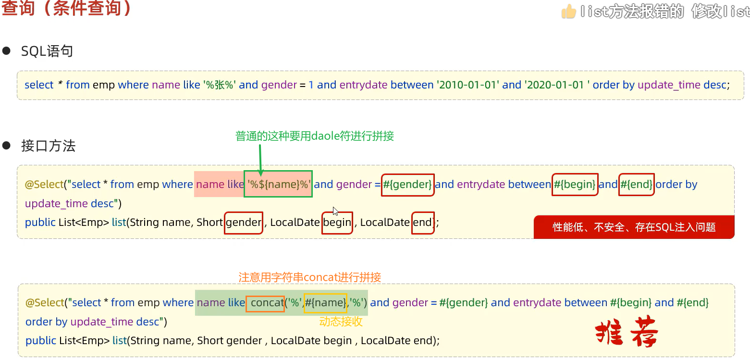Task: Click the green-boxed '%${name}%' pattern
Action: pyautogui.click(x=278, y=184)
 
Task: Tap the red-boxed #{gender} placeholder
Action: pyautogui.click(x=408, y=185)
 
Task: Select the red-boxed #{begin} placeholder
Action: pyautogui.click(x=575, y=185)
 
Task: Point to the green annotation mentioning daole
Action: pyautogui.click(x=314, y=136)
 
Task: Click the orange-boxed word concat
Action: pyautogui.click(x=265, y=303)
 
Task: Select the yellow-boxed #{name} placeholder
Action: pyautogui.click(x=325, y=303)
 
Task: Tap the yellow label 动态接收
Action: pyautogui.click(x=341, y=322)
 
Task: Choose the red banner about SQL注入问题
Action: pyautogui.click(x=634, y=227)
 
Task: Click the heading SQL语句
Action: pyautogui.click(x=47, y=51)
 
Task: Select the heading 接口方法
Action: pyautogui.click(x=48, y=146)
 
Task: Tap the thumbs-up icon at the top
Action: pyautogui.click(x=569, y=11)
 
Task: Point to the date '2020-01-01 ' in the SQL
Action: pyautogui.click(x=557, y=85)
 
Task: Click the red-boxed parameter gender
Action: pyautogui.click(x=244, y=223)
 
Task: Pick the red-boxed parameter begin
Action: pyautogui.click(x=337, y=223)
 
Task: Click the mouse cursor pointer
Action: pyautogui.click(x=335, y=211)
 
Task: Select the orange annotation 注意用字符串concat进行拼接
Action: pyautogui.click(x=309, y=277)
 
